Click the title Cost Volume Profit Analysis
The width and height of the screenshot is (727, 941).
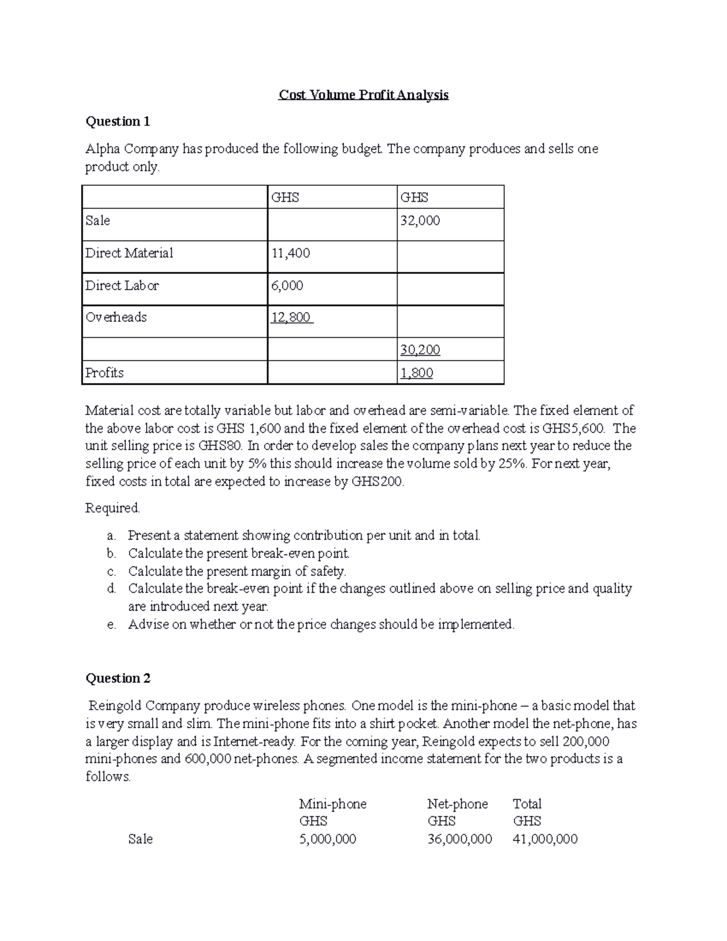coord(363,95)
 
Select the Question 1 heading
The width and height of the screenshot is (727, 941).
coord(118,122)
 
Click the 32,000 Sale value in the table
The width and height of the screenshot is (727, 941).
coord(420,221)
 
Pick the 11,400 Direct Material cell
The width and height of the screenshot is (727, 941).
coord(290,253)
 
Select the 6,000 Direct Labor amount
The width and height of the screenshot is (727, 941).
coord(287,285)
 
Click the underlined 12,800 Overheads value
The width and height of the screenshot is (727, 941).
coord(291,318)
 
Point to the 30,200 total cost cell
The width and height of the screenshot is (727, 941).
coord(420,350)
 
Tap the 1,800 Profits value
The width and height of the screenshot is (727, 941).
coord(417,373)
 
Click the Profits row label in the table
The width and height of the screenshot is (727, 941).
coord(104,373)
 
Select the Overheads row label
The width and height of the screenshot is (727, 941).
coord(116,318)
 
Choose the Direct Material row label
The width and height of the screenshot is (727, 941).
coord(129,253)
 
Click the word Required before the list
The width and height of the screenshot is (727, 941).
coord(113,508)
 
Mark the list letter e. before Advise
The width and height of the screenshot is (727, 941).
coord(111,625)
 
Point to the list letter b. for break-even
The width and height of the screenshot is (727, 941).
coord(111,553)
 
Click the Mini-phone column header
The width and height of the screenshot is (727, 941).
coord(333,804)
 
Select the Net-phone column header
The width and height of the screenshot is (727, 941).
coord(457,804)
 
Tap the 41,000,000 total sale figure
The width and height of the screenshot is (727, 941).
coord(545,839)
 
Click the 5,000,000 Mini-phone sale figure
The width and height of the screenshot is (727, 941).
coord(328,839)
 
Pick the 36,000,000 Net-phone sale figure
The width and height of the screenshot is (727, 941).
coord(459,839)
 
